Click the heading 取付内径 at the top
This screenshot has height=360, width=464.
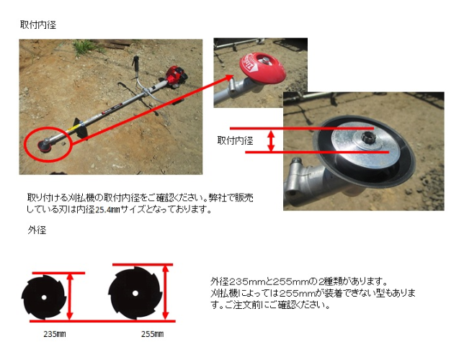click(38, 24)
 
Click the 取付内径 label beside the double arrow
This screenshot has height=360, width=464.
click(236, 140)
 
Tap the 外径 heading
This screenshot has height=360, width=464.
click(37, 230)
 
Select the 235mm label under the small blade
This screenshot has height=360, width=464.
click(55, 334)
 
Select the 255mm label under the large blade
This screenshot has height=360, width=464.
click(152, 334)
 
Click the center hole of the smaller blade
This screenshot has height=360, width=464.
click(44, 297)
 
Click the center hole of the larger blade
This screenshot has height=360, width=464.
click(135, 293)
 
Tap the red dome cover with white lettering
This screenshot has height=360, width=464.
click(262, 68)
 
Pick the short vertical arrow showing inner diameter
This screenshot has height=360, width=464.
click(271, 140)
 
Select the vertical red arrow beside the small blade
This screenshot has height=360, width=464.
click(70, 297)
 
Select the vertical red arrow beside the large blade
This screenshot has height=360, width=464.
click(166, 292)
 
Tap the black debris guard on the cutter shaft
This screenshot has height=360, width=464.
click(80, 128)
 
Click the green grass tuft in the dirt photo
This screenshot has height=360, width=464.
click(85, 47)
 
